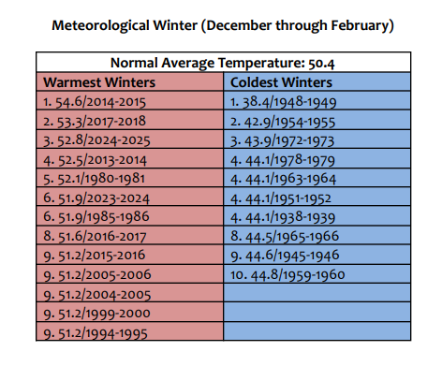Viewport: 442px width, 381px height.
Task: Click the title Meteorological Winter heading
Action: click(221, 23)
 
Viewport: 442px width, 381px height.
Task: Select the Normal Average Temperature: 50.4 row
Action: click(220, 64)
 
